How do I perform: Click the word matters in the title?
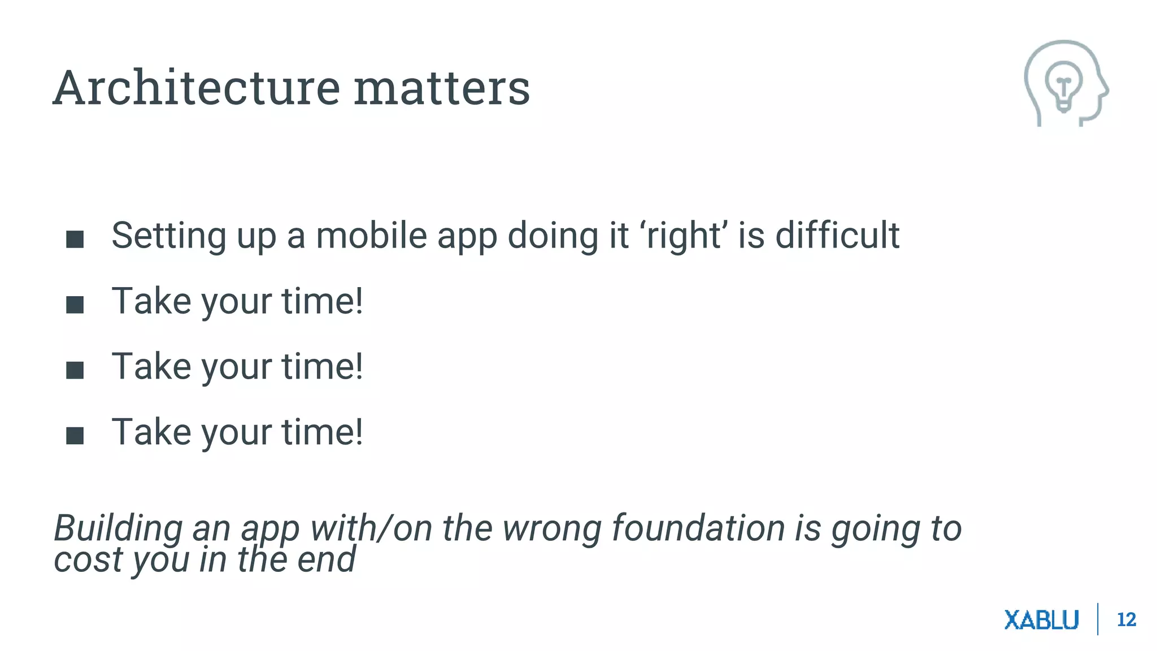[441, 89]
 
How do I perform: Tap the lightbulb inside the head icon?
[1063, 85]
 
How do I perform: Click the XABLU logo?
[1041, 620]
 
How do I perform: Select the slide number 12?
[1126, 620]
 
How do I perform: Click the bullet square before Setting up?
[75, 239]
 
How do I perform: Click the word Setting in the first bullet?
[168, 236]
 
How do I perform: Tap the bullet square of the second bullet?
[75, 305]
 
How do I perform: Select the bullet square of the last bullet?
[75, 436]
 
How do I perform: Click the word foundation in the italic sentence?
[698, 528]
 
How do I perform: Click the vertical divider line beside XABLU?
[1097, 619]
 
